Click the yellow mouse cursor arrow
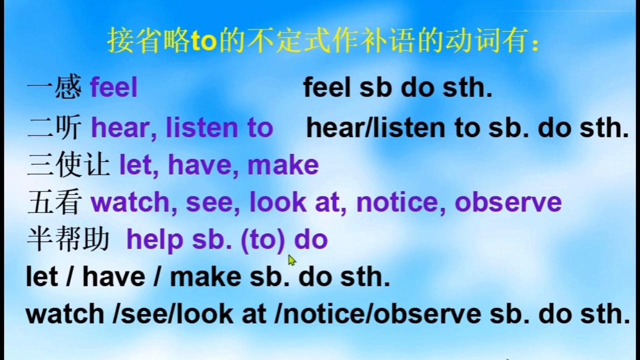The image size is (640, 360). coord(291,260)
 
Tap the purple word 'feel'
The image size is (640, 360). coord(114,87)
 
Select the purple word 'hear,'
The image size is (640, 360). coord(124,128)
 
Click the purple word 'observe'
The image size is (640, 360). coord(508,202)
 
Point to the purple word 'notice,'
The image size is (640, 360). coord(401,202)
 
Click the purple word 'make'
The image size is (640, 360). coord(283,165)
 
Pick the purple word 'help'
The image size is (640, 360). coord(155,240)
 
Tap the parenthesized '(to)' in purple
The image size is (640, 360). coord(263,240)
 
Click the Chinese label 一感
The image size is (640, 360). coord(54,86)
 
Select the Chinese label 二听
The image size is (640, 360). coord(54,127)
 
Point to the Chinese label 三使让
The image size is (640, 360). coord(68,164)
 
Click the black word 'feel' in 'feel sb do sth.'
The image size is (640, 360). coord(327,87)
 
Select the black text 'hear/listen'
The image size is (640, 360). coord(375,128)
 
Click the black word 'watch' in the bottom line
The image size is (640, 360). coord(65,313)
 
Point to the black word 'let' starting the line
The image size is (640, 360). coord(42,276)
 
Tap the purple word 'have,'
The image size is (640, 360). coord(203,165)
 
